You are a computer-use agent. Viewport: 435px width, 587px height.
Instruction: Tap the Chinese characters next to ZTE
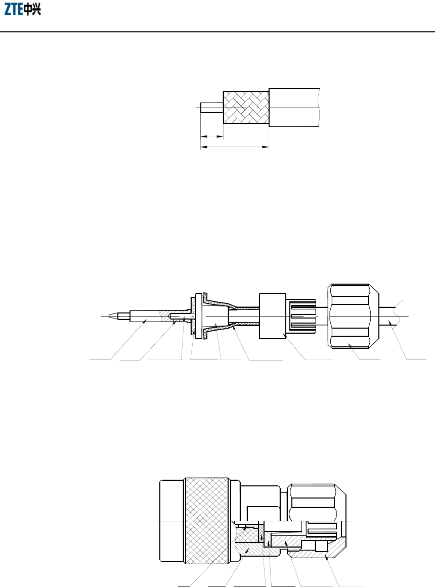pyautogui.click(x=32, y=10)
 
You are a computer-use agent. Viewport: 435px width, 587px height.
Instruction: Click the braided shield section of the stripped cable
pyautogui.click(x=246, y=108)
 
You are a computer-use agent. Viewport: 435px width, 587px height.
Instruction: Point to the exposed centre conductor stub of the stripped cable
pyautogui.click(x=212, y=108)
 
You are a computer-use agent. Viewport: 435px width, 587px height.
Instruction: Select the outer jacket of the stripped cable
pyautogui.click(x=294, y=108)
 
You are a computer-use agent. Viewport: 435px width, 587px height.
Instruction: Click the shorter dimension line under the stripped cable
pyautogui.click(x=212, y=137)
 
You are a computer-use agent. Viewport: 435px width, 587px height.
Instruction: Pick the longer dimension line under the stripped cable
pyautogui.click(x=235, y=147)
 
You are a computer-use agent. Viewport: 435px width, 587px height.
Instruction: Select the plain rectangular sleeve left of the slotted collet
pyautogui.click(x=273, y=317)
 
